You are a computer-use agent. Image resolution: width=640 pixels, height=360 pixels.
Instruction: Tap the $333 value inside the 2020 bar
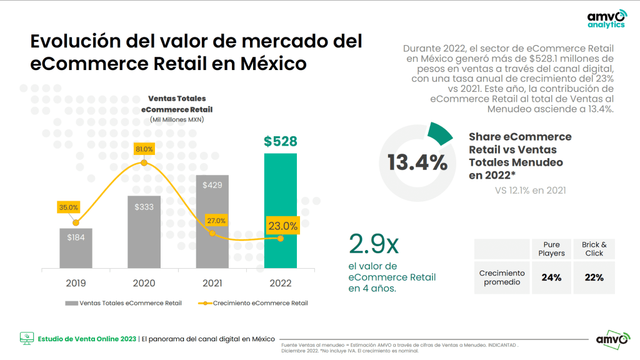point(144,207)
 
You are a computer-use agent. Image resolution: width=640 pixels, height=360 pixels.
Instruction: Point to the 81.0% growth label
point(144,149)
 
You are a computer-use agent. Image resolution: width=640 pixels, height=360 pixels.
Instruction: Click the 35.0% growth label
point(68,207)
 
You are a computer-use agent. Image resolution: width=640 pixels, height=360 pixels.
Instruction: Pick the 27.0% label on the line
point(216,221)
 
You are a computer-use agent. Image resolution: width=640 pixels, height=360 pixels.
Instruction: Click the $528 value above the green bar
point(280,141)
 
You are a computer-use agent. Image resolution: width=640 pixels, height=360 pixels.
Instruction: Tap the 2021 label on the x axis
point(212,283)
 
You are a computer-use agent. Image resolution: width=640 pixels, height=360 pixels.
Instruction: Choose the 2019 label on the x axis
point(76,283)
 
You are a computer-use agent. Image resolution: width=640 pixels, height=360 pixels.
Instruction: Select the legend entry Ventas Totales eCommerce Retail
point(123,303)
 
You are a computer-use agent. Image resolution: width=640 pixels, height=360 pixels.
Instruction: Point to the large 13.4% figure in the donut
point(417,163)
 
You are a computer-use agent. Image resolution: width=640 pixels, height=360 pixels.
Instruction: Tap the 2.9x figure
point(374,244)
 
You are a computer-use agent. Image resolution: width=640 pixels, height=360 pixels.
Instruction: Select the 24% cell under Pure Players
point(551,277)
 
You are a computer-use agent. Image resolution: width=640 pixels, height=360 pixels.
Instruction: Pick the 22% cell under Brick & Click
point(594,277)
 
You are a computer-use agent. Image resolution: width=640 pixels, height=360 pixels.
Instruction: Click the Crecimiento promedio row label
point(502,277)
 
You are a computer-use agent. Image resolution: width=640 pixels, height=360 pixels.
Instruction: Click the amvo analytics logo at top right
point(606,19)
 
